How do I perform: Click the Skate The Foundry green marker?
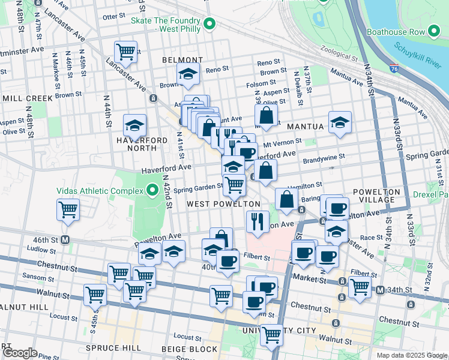point(209,24)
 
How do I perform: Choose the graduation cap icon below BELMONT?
point(188,74)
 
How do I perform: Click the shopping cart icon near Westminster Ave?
point(125,52)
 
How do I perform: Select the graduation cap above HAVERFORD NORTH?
point(134,125)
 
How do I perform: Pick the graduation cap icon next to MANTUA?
point(339,123)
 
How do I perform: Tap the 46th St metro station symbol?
point(65,239)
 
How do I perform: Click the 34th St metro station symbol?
point(380,291)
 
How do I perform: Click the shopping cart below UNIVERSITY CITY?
point(272,335)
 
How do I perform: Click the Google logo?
point(20,353)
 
